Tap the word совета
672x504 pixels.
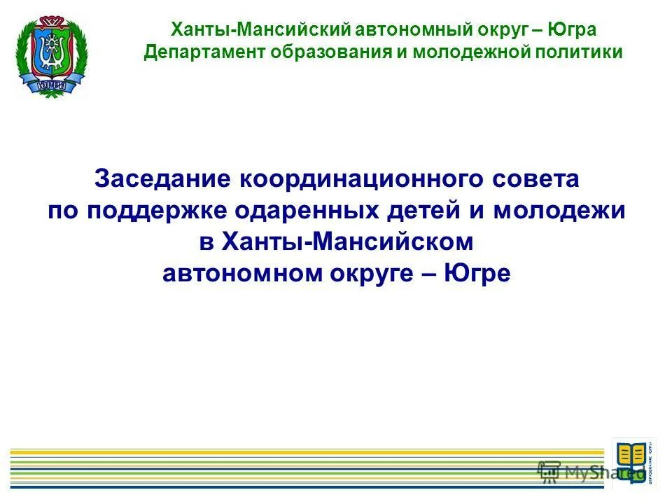pos(545,179)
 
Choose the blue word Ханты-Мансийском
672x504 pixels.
pos(347,241)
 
